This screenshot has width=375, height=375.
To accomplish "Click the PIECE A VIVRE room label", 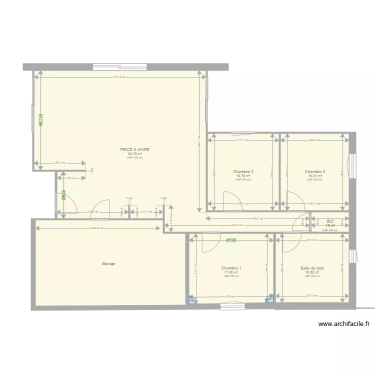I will click(x=135, y=149).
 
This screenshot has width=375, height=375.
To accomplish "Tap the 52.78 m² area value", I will click(x=135, y=154).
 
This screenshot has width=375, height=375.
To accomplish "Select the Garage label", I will click(x=108, y=263).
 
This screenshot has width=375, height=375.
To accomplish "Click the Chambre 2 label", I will click(x=243, y=171).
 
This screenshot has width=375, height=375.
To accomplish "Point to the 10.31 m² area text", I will click(x=314, y=176).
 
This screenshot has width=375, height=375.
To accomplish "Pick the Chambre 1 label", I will click(x=231, y=268).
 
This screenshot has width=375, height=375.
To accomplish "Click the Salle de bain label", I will click(x=312, y=268).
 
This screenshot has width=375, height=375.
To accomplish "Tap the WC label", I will click(x=330, y=221).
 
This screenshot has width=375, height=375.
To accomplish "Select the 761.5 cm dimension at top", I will click(x=119, y=77).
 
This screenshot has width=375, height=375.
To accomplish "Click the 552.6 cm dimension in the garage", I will click(x=97, y=228).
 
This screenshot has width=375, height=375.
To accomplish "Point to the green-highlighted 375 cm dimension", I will click(x=231, y=240).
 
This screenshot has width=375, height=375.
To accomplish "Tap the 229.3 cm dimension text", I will click(x=59, y=162).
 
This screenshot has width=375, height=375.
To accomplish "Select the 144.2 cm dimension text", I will click(x=146, y=211).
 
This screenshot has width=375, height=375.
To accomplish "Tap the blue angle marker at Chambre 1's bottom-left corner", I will click(x=192, y=300).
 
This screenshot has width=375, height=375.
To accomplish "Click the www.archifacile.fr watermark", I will click(x=344, y=324).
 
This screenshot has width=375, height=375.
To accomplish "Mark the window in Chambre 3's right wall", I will click(x=352, y=165).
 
